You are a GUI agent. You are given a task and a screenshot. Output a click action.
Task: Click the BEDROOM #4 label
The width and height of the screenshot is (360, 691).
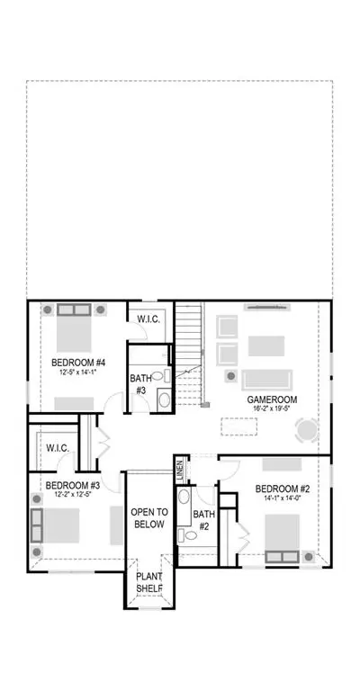(x=78, y=363)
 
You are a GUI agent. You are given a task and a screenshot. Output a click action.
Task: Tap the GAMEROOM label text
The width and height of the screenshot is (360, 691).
(x=272, y=399)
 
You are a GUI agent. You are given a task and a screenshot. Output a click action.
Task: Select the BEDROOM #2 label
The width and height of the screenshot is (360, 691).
(x=283, y=489)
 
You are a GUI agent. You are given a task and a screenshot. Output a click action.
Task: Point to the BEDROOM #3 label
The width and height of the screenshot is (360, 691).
(x=73, y=485)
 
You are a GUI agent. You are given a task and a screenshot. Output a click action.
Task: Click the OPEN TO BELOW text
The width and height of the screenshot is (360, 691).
(x=149, y=518)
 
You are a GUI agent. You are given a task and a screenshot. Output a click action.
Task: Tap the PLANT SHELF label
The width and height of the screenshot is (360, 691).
(x=149, y=583)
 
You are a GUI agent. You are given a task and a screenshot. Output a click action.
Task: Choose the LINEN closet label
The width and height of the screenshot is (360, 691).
(x=180, y=468)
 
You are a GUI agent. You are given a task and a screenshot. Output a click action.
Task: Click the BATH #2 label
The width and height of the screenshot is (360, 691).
(x=204, y=520)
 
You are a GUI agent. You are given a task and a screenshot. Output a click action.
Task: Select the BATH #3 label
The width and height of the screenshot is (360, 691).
(x=141, y=384)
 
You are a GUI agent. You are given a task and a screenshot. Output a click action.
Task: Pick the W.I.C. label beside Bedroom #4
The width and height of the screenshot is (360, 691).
(x=148, y=319)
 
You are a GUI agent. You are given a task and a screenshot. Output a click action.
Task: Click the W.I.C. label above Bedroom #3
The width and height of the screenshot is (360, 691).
(x=58, y=448)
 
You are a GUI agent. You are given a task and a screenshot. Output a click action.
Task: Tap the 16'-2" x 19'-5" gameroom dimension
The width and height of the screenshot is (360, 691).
(x=272, y=409)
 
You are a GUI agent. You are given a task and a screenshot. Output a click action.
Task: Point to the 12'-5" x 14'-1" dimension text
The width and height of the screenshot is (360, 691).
(x=78, y=372)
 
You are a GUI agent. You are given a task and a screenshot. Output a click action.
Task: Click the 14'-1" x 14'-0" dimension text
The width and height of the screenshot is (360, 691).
(x=283, y=498)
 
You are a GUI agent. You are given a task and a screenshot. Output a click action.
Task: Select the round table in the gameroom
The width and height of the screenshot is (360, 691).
(x=307, y=430)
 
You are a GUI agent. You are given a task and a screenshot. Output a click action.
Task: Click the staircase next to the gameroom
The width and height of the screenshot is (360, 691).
(x=189, y=354)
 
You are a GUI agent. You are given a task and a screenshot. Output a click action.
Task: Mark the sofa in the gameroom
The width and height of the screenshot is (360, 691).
(x=266, y=380)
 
